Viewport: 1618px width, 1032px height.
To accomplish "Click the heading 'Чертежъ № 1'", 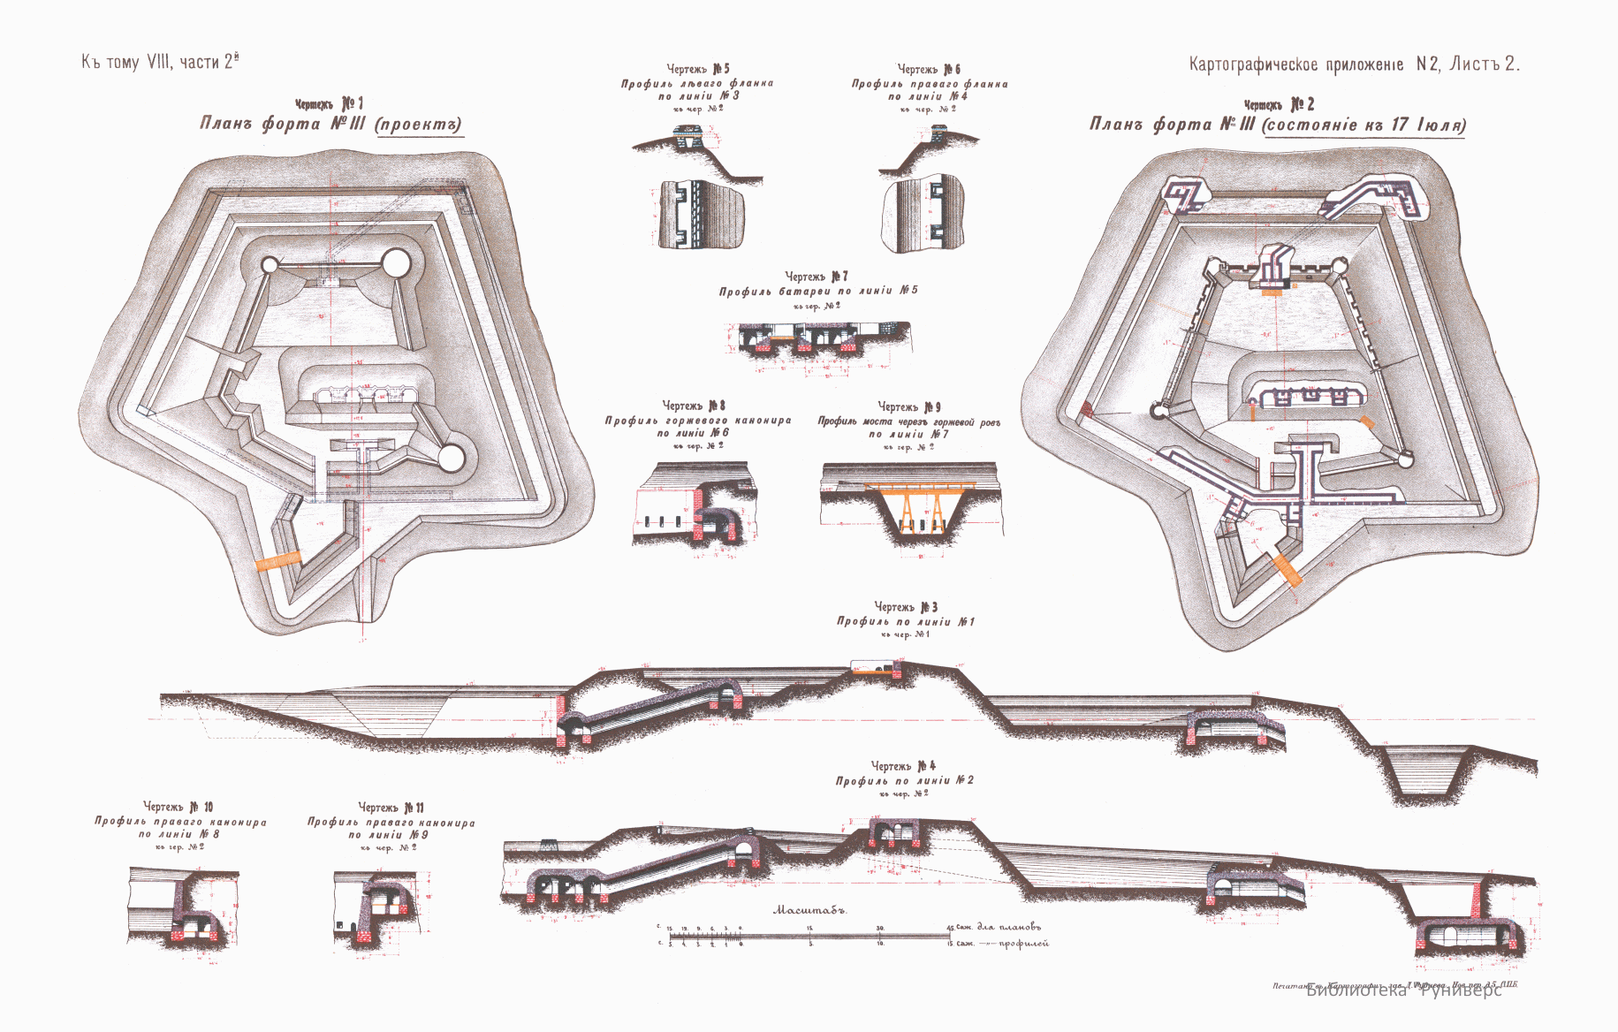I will pos(329,104).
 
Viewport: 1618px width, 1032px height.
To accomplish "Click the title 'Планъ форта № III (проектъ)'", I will pos(330,124).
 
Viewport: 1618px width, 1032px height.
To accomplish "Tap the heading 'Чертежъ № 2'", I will pos(1278,104).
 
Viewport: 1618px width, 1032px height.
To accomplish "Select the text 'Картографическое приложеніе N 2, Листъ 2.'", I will pos(1354,64).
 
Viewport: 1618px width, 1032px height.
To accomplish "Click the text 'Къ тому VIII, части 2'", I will pos(160,62).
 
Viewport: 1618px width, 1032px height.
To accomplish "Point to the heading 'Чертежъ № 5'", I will pos(697,69).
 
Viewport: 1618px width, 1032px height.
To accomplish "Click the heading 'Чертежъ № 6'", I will pos(929,69).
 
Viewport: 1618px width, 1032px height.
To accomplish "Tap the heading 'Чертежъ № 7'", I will pos(817,277).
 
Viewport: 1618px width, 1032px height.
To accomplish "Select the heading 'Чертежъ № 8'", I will pos(694,406).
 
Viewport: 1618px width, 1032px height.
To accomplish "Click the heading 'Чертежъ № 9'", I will pos(908,406).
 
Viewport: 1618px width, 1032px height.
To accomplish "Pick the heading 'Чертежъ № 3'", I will pos(905,607).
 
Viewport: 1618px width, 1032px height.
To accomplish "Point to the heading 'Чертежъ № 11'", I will pos(391,808).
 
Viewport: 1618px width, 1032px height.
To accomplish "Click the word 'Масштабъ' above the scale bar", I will pos(809,909).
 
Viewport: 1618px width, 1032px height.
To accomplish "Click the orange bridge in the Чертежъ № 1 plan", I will pos(277,561).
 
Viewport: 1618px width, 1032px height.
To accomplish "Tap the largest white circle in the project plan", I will pos(396,262).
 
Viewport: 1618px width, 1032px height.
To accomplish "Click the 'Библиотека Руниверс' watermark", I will pos(1403,990).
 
